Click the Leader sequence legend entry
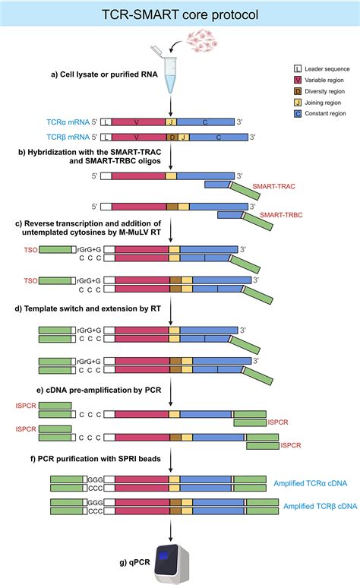(323, 69)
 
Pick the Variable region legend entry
(323, 80)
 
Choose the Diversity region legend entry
(323, 90)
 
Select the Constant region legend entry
(323, 112)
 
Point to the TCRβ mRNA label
(61, 138)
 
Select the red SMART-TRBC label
(283, 216)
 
